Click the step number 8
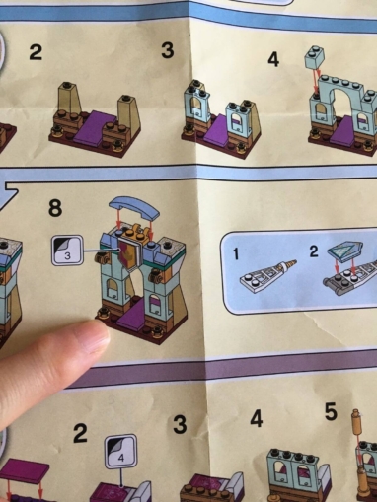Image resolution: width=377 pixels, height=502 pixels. [x=55, y=208]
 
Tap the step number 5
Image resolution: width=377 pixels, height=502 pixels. [x=331, y=412]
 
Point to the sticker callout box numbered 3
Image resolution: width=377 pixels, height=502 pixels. [x=66, y=251]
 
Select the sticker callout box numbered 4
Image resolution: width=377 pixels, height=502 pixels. [x=120, y=451]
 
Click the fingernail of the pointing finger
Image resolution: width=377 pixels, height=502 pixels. [x=98, y=336]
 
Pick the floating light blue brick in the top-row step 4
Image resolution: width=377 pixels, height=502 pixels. [x=315, y=57]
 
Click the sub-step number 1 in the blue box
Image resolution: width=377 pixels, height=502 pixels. [x=236, y=253]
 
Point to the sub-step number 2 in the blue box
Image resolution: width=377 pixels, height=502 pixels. [x=314, y=251]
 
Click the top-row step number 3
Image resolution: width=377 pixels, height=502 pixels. [x=168, y=50]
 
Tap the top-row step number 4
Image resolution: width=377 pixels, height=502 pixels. [x=273, y=59]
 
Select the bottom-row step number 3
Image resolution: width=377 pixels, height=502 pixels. [x=180, y=424]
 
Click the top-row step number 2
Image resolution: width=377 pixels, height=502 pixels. [x=36, y=52]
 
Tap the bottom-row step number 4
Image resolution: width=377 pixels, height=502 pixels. [x=257, y=419]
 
